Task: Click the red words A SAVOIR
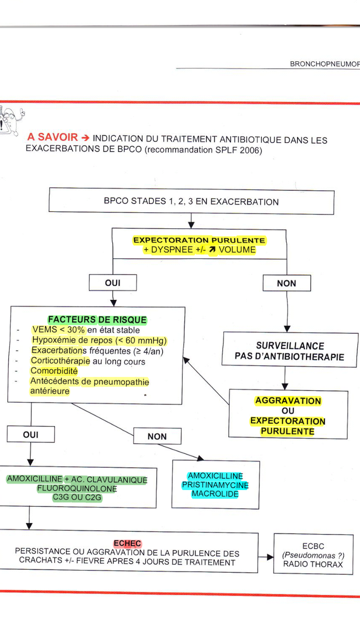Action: click(x=52, y=137)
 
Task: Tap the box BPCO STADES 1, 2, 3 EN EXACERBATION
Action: click(x=191, y=201)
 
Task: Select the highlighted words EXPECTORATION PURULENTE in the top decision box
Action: click(x=199, y=240)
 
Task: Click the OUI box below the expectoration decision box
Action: click(x=113, y=283)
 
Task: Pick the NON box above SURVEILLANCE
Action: click(x=286, y=283)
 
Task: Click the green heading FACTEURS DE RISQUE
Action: click(x=97, y=319)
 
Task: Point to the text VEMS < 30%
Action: click(x=59, y=330)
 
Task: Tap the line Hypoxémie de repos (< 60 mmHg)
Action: click(x=99, y=340)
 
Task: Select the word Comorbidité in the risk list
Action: click(x=54, y=371)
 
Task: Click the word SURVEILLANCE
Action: click(x=290, y=346)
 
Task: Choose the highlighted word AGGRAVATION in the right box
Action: click(x=288, y=401)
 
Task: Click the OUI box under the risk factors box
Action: click(x=31, y=434)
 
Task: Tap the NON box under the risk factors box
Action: click(x=157, y=436)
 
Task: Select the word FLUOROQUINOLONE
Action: click(x=77, y=488)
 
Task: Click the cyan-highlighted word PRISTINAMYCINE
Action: click(x=215, y=485)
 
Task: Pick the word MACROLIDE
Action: click(x=215, y=494)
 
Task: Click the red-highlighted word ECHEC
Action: click(x=128, y=543)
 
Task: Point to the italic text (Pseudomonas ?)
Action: click(x=313, y=555)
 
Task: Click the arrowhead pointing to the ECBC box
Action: click(x=270, y=557)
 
